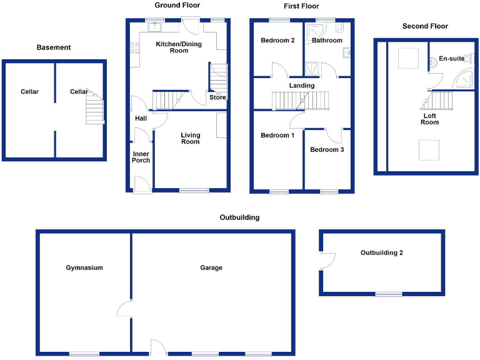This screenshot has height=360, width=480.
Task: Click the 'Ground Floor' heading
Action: [177, 5]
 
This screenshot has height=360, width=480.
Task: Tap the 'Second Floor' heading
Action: [425, 26]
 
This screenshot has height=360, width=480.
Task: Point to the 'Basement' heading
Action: [54, 47]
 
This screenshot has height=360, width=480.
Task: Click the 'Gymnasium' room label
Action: [84, 267]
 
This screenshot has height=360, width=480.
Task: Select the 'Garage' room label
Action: [211, 267]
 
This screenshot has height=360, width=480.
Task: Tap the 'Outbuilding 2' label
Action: [382, 253]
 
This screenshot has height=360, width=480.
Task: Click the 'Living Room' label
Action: [191, 138]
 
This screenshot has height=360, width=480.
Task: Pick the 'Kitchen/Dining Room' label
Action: [171, 46]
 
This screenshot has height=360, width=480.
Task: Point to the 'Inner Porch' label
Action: [141, 156]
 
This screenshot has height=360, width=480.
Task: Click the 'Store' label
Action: [217, 97]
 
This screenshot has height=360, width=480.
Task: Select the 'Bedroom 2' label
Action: [277, 41]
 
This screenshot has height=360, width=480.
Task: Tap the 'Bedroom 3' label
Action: [327, 150]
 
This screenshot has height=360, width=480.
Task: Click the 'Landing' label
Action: [302, 86]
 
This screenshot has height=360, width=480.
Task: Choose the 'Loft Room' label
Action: [430, 119]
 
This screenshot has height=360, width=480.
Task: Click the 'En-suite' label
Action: [451, 59]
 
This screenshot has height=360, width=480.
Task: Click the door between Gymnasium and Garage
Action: [125, 307]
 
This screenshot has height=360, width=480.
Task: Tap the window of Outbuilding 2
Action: [388, 294]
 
